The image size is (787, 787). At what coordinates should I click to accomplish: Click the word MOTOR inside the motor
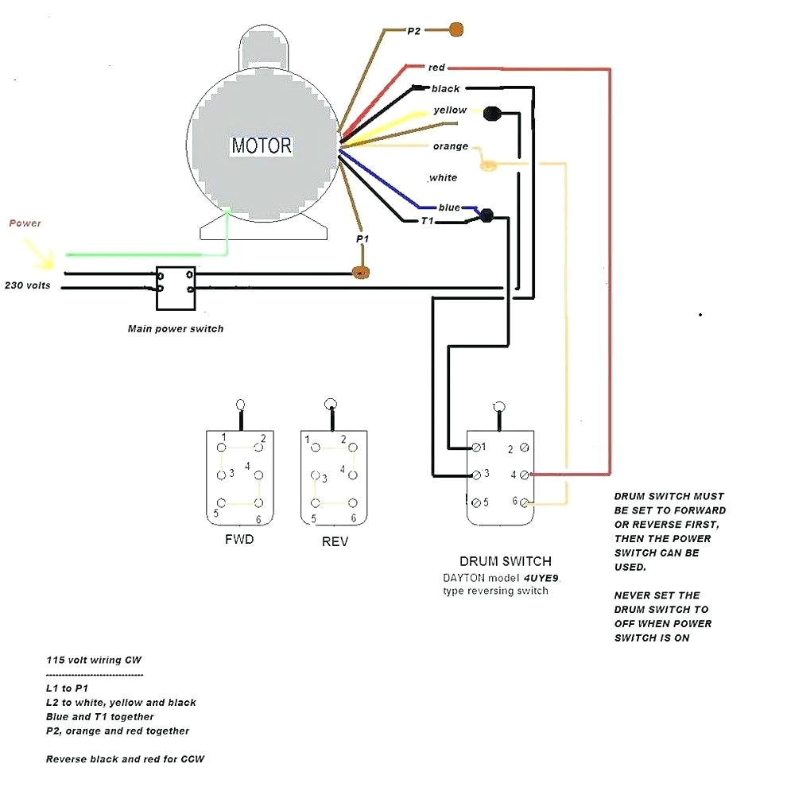click(262, 146)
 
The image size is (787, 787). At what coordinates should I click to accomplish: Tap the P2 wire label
click(413, 31)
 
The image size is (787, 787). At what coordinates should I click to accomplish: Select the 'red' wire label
click(436, 68)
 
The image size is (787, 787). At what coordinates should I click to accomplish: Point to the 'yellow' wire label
click(450, 110)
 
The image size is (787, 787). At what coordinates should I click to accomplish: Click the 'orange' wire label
click(450, 146)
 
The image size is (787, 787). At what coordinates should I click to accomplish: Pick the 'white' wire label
click(443, 177)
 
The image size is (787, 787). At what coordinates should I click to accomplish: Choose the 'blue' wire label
click(449, 207)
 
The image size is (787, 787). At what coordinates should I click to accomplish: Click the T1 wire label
click(427, 221)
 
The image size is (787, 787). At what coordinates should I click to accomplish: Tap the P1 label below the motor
click(362, 238)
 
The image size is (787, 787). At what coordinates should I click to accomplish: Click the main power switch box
click(176, 287)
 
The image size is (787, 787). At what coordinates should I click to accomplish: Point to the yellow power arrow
click(38, 253)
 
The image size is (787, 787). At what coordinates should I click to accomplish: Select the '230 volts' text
click(28, 285)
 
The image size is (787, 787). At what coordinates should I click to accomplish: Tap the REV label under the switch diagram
click(335, 541)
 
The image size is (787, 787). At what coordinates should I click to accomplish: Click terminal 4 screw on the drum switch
click(524, 475)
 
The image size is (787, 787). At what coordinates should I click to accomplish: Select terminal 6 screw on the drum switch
click(525, 502)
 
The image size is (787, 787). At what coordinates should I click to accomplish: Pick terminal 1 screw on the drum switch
click(475, 448)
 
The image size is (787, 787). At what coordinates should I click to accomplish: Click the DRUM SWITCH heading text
click(505, 561)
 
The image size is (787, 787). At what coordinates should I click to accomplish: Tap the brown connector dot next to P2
click(456, 29)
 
